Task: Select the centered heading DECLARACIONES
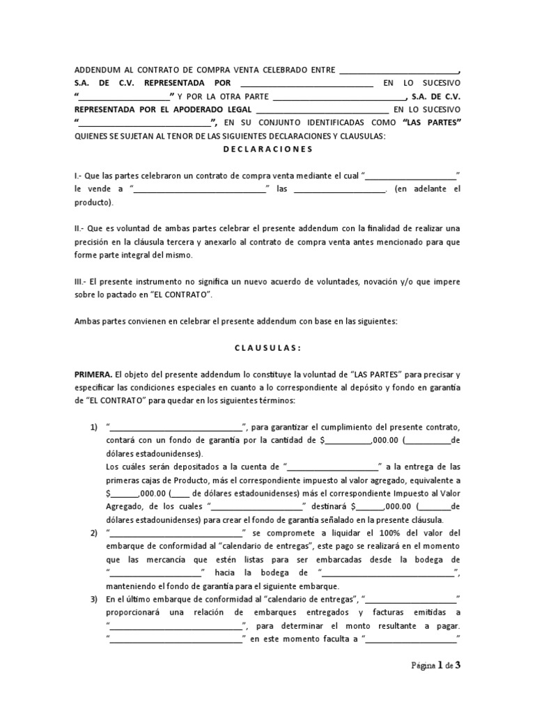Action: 267,149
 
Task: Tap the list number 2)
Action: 93,533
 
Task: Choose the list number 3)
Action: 93,600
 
